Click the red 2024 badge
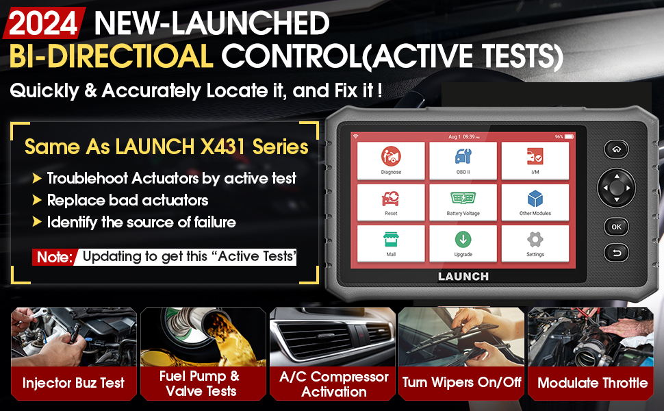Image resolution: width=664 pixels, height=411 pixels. click(44, 23)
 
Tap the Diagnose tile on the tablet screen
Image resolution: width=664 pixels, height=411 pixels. click(391, 160)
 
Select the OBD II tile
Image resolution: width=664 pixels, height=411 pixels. click(463, 160)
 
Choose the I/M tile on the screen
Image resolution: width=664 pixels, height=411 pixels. click(535, 160)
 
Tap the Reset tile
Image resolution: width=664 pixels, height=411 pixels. click(391, 202)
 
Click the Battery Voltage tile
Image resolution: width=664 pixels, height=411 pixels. click(463, 202)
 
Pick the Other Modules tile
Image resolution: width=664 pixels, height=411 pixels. click(535, 202)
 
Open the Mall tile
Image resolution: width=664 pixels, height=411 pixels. click(391, 243)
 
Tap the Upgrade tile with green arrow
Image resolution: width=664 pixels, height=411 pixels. click(463, 243)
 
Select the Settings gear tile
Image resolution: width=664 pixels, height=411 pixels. click(535, 243)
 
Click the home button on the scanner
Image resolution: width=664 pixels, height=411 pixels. click(616, 149)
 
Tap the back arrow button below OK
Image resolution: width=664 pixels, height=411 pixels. click(616, 253)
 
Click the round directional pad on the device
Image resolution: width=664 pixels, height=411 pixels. click(617, 188)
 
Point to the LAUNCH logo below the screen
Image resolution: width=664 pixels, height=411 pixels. click(463, 276)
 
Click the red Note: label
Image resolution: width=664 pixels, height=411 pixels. click(55, 257)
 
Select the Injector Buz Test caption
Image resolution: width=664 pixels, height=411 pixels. click(73, 383)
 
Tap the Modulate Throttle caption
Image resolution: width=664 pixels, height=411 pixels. click(592, 383)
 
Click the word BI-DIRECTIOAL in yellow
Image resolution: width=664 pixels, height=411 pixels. click(111, 56)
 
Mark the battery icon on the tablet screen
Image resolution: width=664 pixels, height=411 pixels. click(569, 136)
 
